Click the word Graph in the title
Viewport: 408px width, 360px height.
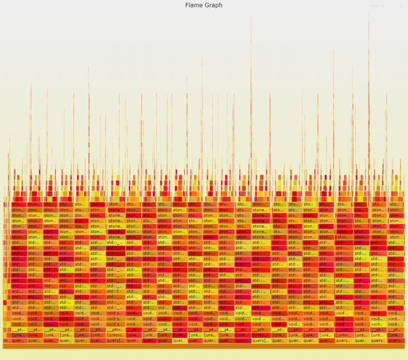213,5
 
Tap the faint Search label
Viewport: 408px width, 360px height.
377,6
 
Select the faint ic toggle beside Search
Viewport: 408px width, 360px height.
401,6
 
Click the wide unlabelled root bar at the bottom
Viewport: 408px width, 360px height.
203,346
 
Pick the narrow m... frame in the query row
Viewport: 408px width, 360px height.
6,340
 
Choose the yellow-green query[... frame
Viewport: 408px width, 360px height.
260,340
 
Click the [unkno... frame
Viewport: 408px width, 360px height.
116,335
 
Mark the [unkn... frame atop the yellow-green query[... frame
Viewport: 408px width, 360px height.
260,335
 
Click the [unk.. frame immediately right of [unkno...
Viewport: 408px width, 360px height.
133,335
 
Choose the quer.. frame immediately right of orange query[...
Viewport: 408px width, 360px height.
133,340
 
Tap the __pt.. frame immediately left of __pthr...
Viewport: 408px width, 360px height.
98,329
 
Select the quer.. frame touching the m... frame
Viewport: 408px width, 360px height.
18,340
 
